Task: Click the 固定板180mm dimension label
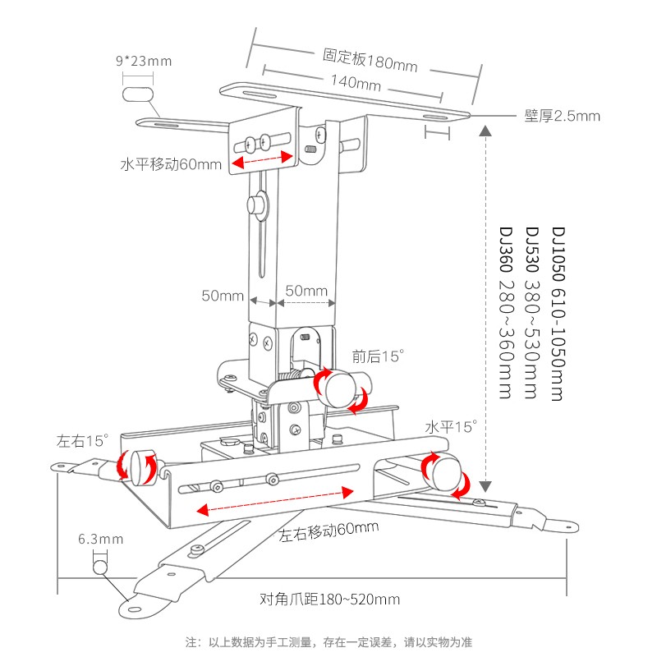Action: point(370,61)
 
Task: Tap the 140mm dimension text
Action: point(356,83)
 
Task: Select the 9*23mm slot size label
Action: point(144,61)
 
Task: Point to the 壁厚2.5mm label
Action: point(562,116)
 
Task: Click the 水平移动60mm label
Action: point(171,164)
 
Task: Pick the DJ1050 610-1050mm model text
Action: point(558,314)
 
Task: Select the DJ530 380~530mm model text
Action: point(532,313)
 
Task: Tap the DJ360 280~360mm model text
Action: point(506,313)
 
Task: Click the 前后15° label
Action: point(378,356)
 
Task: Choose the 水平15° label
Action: point(451,427)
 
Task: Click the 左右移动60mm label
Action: point(328,531)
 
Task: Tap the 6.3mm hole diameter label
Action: point(101,539)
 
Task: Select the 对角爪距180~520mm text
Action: point(330,600)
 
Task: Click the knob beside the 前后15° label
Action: point(339,388)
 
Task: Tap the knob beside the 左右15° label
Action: point(142,467)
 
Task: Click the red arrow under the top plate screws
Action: point(262,160)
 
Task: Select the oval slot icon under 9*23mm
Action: point(138,94)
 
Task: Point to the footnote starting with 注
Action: point(328,641)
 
